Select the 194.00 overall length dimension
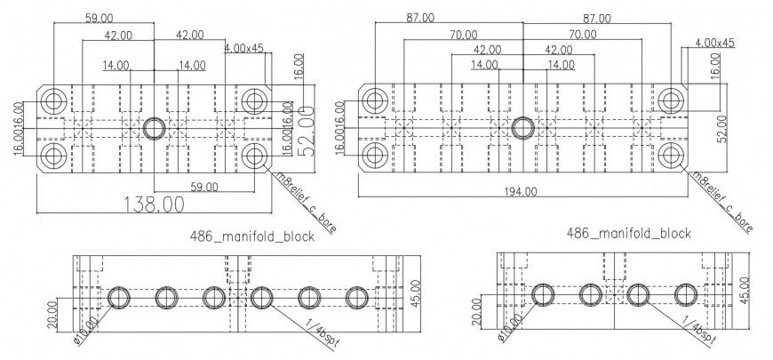pyautogui.click(x=521, y=190)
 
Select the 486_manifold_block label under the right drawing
pyautogui.click(x=628, y=233)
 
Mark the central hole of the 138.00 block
pyautogui.click(x=154, y=127)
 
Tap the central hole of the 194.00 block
pyautogui.click(x=522, y=128)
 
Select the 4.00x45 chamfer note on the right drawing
pyautogui.click(x=714, y=42)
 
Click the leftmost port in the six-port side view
pyautogui.click(x=118, y=298)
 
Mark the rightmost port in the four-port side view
pyautogui.click(x=684, y=296)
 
